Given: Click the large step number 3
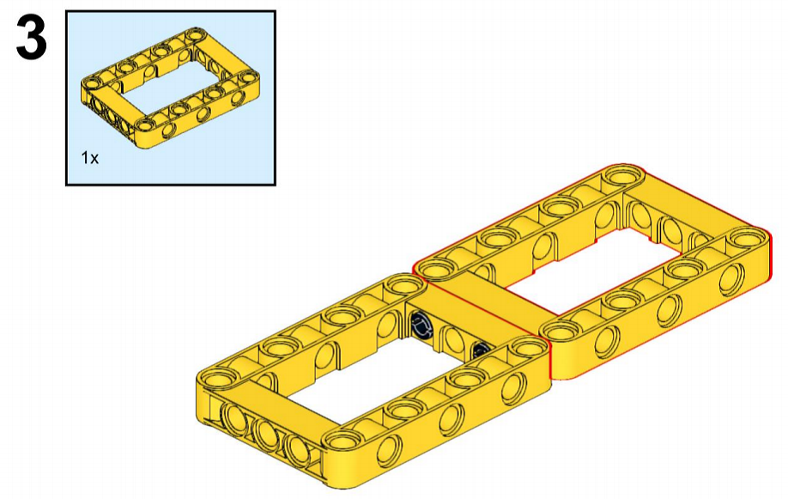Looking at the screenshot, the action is (31, 38).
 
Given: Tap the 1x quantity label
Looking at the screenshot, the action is (90, 158).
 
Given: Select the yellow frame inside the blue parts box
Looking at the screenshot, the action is (170, 88).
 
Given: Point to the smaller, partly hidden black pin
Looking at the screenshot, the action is (481, 348).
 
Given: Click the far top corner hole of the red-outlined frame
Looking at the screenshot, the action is (622, 177).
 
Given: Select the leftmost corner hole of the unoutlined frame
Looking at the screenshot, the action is (217, 377).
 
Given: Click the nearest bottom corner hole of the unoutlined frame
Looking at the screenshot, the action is (343, 441).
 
